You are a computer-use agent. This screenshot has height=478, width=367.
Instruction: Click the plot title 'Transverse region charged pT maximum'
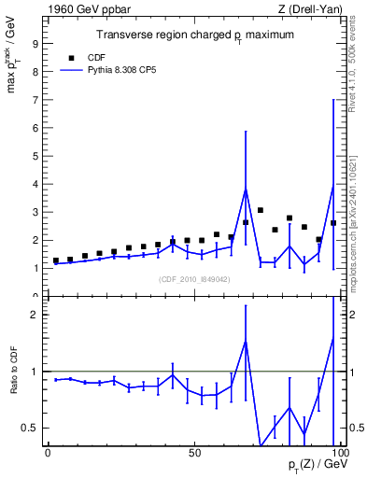(x=195, y=35)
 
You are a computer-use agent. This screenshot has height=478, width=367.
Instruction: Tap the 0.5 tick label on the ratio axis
(x=30, y=428)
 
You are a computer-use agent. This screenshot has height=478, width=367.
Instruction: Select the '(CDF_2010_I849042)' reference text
(x=194, y=278)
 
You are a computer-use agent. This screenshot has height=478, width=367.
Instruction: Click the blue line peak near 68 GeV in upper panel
(x=246, y=189)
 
